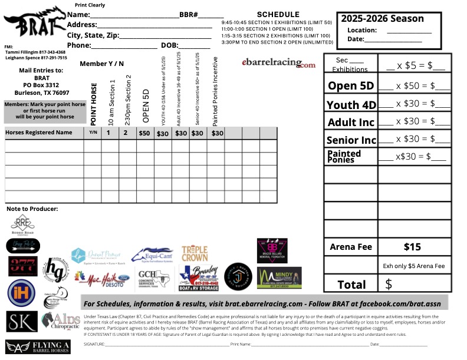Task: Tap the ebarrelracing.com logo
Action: [x=278, y=62]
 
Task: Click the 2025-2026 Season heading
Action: [x=382, y=18]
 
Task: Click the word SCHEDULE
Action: [x=278, y=14]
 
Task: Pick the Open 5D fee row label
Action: [x=351, y=85]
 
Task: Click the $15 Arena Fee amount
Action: [x=412, y=246]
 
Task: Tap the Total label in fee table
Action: [x=351, y=285]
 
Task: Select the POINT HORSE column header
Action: [x=94, y=104]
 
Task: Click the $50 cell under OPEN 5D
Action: [x=144, y=133]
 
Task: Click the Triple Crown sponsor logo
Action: [x=195, y=253]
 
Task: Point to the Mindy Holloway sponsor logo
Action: [x=279, y=277]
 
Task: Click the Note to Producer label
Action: [x=32, y=209]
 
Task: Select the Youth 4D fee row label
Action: [x=351, y=105]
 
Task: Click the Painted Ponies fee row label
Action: [x=344, y=156]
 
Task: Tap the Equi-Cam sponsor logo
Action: [x=152, y=256]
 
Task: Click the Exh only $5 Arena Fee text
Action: [x=413, y=266]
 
